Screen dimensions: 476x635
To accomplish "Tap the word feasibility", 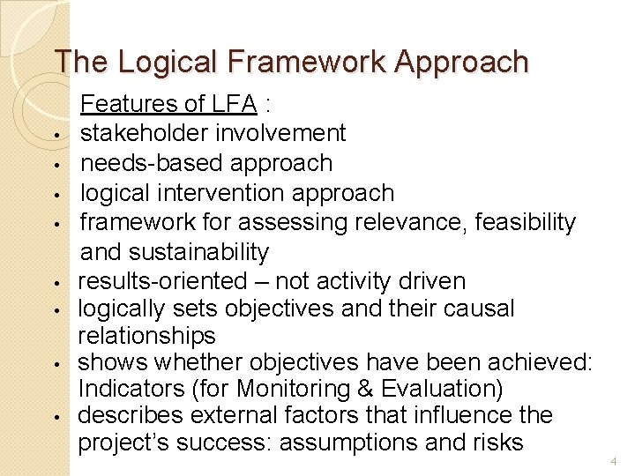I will point(525,222).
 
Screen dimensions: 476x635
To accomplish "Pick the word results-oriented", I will point(163,281).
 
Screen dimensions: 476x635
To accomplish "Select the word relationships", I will point(146,336).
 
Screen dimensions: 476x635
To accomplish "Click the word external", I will point(262,415).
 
